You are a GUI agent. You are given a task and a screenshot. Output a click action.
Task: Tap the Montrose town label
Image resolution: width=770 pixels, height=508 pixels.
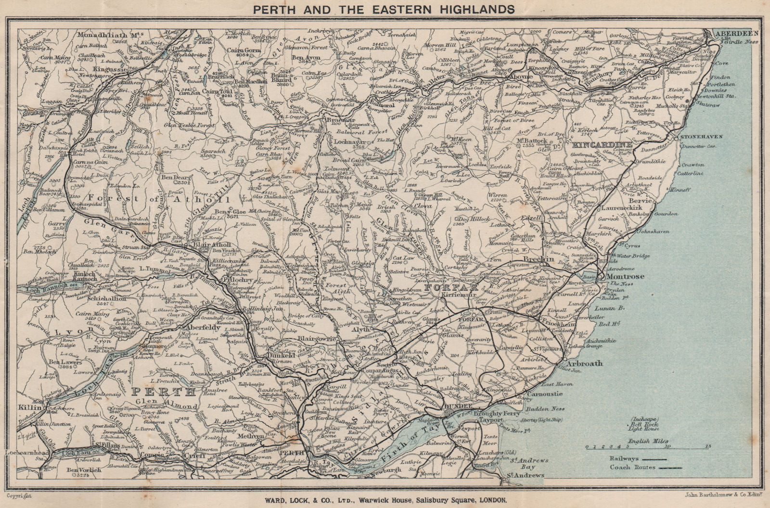pyautogui.click(x=625, y=277)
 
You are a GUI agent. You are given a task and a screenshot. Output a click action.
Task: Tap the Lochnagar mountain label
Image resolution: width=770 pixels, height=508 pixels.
pyautogui.click(x=348, y=142)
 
